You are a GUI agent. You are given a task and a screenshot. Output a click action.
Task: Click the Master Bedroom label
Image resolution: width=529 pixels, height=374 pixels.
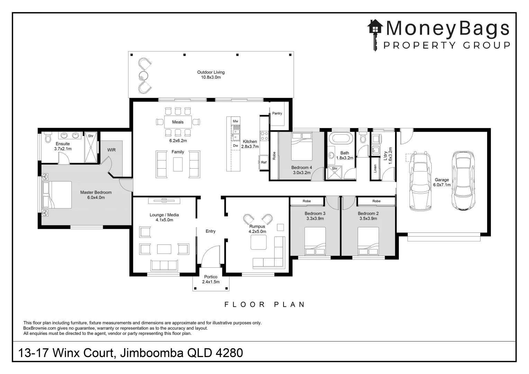(x=96, y=193)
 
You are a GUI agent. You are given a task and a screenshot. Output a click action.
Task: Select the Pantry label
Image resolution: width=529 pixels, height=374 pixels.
(x=277, y=113)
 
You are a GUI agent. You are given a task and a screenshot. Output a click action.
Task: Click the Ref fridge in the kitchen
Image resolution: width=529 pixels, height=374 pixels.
(x=264, y=162)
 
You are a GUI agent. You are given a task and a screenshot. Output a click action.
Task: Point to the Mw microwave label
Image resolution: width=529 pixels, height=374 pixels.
(x=235, y=121)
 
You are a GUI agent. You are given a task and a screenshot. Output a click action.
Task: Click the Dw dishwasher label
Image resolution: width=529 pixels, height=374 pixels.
(x=235, y=146)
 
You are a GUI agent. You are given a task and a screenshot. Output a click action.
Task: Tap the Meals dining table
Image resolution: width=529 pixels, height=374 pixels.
(x=178, y=122)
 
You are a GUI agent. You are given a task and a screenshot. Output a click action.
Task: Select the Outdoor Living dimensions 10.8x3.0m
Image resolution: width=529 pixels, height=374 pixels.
(x=211, y=78)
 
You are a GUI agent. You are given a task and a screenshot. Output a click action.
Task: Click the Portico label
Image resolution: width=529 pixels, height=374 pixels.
(x=210, y=277)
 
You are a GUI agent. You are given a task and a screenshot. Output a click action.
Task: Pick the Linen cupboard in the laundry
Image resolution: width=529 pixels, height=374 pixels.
(x=375, y=169)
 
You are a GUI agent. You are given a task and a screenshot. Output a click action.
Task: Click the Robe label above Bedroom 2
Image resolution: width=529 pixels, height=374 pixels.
(x=376, y=201)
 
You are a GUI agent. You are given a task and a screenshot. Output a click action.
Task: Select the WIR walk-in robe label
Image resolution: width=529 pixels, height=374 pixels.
(x=111, y=150)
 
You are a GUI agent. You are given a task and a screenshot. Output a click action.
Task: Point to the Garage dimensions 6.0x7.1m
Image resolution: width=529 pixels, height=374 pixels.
(x=442, y=185)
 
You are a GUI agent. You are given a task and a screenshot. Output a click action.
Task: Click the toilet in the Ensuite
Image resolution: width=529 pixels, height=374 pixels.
(x=47, y=137)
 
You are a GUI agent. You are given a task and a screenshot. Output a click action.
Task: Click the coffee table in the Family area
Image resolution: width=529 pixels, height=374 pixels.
(x=178, y=164)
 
